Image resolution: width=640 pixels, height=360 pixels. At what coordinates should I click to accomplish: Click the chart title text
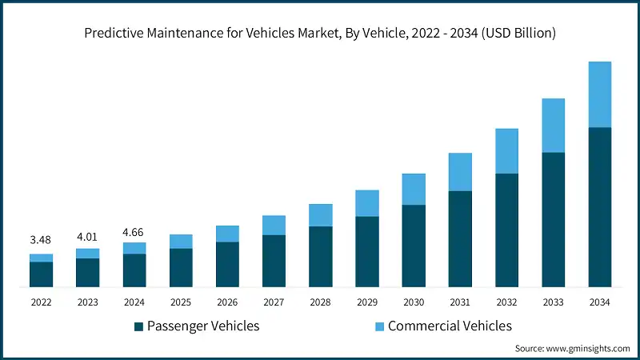click(320, 33)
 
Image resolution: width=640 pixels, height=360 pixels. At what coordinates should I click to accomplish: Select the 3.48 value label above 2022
click(41, 241)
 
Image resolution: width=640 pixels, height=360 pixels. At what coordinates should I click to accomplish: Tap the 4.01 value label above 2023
click(87, 236)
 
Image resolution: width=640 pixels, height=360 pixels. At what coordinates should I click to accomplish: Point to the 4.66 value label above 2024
click(134, 232)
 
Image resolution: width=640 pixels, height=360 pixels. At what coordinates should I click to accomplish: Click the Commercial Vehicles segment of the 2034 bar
click(599, 94)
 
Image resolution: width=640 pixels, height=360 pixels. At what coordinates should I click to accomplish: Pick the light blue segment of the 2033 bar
click(553, 126)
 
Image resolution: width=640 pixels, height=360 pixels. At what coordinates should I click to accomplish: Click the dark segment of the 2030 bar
click(413, 246)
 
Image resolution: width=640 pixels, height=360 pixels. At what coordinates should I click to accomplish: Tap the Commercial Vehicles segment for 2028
click(320, 215)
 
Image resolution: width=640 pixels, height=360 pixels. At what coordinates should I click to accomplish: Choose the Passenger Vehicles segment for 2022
click(41, 274)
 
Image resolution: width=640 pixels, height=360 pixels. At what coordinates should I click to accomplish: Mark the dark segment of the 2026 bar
click(227, 264)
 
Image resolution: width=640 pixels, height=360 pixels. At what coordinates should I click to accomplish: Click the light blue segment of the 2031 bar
click(459, 172)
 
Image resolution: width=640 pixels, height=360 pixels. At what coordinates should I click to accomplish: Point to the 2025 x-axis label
click(181, 302)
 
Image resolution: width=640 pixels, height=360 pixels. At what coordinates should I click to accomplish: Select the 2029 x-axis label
click(366, 302)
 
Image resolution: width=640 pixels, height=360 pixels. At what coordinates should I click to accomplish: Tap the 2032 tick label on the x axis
click(506, 302)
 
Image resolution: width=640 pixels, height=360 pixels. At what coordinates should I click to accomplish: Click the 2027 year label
click(274, 302)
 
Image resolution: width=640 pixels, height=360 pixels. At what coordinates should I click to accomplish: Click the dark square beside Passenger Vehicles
click(138, 326)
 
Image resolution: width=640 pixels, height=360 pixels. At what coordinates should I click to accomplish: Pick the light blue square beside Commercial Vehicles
click(379, 326)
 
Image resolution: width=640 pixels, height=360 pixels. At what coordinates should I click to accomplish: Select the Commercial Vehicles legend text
click(450, 326)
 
